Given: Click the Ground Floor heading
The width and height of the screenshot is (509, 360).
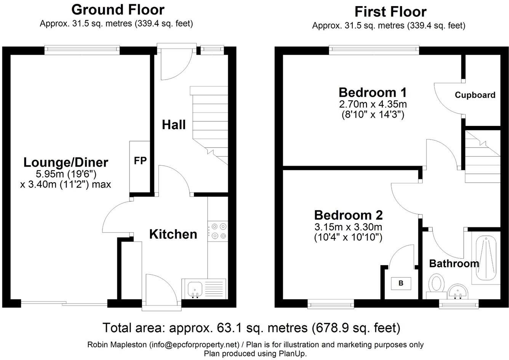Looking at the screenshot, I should [118, 9].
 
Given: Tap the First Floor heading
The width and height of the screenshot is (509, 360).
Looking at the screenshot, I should [390, 12].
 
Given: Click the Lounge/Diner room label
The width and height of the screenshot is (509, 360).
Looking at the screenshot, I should [66, 162].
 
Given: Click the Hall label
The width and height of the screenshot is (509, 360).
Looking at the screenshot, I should [174, 124].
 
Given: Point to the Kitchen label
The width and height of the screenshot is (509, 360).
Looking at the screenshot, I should [173, 234].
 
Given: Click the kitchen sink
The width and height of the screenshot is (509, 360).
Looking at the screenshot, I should [196, 289].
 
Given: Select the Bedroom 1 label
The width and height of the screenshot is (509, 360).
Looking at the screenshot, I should [373, 92].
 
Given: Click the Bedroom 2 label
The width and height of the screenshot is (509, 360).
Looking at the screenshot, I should [348, 215].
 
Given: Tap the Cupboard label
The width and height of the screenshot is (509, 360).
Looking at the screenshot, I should [475, 95].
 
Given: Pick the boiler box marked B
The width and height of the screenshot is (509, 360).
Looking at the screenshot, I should [401, 283].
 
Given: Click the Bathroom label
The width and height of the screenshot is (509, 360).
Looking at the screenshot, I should [454, 263].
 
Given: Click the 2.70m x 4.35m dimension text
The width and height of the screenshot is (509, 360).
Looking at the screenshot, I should [373, 104].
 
